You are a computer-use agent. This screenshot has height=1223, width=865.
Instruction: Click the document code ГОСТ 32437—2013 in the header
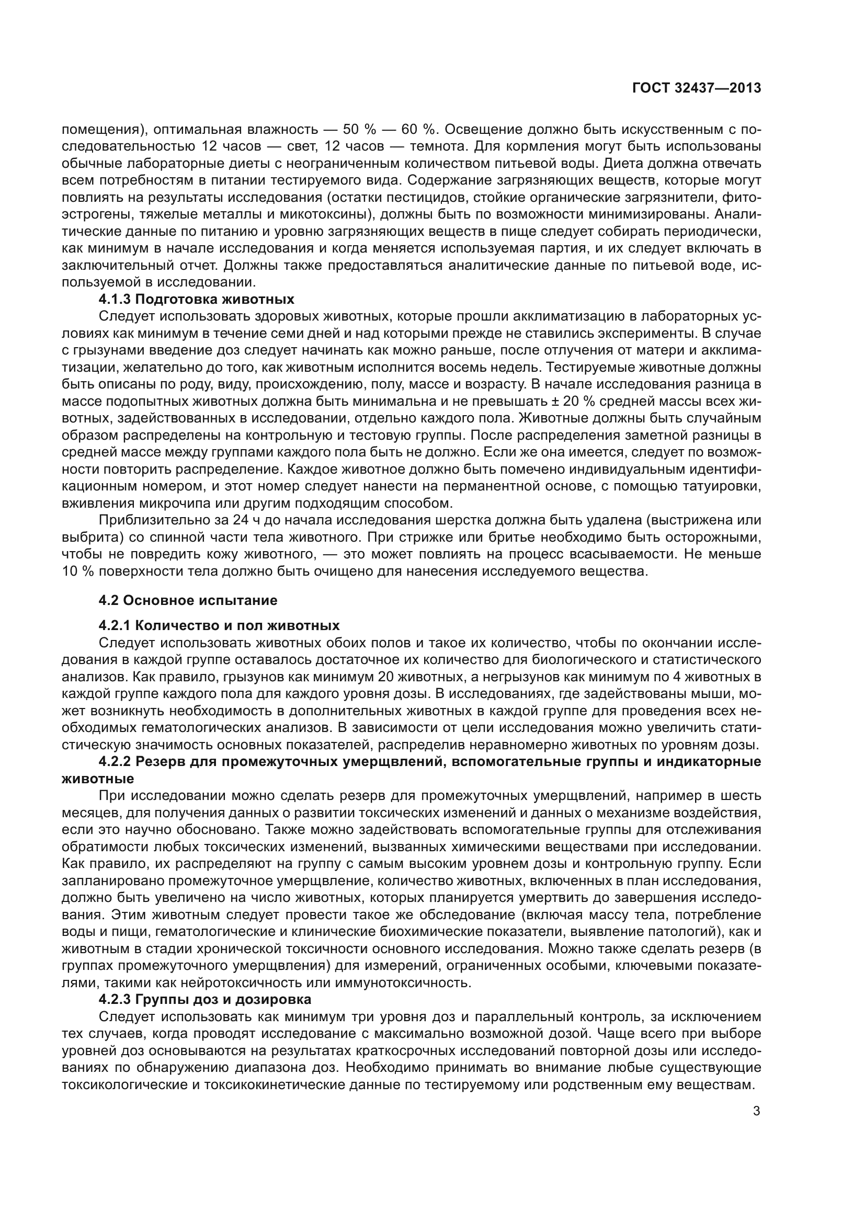696,88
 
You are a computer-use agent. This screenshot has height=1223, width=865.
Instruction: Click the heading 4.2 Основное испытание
188,600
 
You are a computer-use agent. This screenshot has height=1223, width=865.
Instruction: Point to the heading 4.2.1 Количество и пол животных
219,625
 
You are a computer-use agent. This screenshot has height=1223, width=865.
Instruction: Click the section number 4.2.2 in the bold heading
115,762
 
